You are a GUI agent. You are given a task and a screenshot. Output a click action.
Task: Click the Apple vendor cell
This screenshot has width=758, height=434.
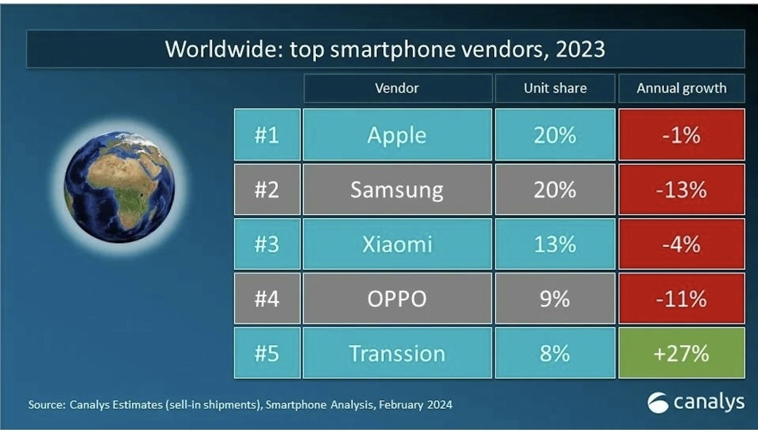(397, 135)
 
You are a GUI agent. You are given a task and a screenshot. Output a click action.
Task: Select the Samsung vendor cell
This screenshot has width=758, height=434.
(397, 189)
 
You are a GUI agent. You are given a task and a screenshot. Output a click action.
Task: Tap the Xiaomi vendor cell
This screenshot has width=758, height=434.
(397, 244)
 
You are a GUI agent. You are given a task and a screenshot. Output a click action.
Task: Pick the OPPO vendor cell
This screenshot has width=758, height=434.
(397, 299)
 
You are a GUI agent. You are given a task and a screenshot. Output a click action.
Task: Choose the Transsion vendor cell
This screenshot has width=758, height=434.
(397, 353)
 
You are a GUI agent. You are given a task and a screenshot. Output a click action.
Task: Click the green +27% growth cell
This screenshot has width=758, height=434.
(681, 353)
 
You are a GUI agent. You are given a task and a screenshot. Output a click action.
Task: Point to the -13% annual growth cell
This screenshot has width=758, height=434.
(681, 189)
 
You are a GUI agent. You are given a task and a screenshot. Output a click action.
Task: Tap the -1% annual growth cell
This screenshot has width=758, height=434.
(681, 135)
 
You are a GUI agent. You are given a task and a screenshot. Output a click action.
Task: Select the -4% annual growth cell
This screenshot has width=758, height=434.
(681, 244)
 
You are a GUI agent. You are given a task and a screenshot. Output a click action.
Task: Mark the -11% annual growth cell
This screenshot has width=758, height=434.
(681, 299)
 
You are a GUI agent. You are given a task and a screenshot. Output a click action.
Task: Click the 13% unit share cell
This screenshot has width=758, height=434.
(554, 244)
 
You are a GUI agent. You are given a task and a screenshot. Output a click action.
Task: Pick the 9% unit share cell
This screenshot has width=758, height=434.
(554, 299)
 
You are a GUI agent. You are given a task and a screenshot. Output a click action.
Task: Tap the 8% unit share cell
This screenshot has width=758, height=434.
(554, 353)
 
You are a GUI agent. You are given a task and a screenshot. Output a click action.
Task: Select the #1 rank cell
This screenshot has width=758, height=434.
(267, 135)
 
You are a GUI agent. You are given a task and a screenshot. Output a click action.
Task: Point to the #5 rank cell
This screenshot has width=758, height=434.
(267, 353)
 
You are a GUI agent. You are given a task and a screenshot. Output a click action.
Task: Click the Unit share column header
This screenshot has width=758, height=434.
(554, 88)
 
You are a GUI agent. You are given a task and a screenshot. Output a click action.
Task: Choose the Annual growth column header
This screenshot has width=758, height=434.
(681, 88)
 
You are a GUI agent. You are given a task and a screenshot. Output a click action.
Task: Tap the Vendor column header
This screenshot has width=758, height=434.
(397, 88)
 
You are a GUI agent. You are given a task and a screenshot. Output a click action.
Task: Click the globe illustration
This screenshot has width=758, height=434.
(119, 186)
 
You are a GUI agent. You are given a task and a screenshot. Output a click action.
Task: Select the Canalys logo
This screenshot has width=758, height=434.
(696, 402)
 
